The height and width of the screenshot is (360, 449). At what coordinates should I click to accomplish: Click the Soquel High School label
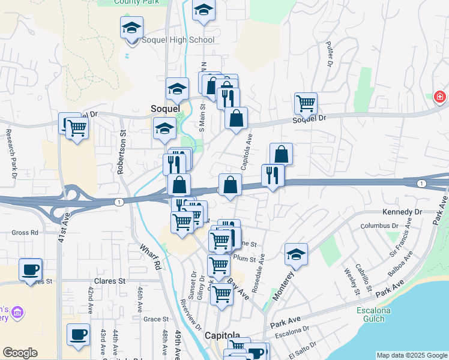(177, 40)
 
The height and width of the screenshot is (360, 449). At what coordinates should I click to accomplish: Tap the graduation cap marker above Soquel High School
(132, 28)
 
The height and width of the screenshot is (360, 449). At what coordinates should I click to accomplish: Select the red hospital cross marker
(440, 97)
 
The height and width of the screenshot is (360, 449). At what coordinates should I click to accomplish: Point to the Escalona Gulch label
(374, 314)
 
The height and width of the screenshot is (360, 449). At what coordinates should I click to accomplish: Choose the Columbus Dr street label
(380, 226)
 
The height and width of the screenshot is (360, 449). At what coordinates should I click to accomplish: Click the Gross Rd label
(25, 232)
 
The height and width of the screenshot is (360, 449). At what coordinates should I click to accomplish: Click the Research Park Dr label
(10, 154)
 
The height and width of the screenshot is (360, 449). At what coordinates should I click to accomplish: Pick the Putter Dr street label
(330, 54)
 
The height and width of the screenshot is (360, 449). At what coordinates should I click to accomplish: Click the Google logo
(20, 353)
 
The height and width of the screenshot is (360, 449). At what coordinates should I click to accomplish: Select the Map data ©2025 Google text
(411, 355)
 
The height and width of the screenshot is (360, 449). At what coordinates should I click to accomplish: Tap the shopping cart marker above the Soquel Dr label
(306, 104)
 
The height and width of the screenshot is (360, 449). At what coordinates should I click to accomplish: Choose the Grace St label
(155, 319)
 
